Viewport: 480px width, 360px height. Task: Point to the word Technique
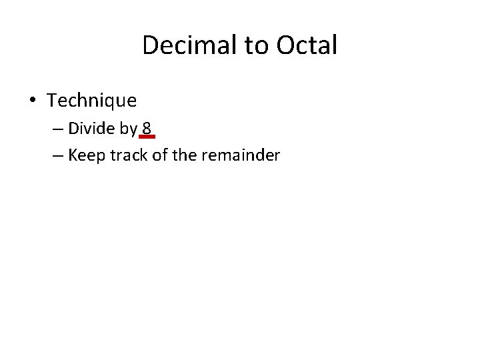(x=92, y=101)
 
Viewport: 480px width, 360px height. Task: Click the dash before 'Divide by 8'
(x=55, y=129)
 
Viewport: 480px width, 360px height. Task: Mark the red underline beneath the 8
(x=148, y=136)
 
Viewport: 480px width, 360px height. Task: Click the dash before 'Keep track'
(x=55, y=155)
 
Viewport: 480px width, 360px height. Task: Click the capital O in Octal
(x=281, y=45)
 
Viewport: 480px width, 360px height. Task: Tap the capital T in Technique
(x=52, y=101)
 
